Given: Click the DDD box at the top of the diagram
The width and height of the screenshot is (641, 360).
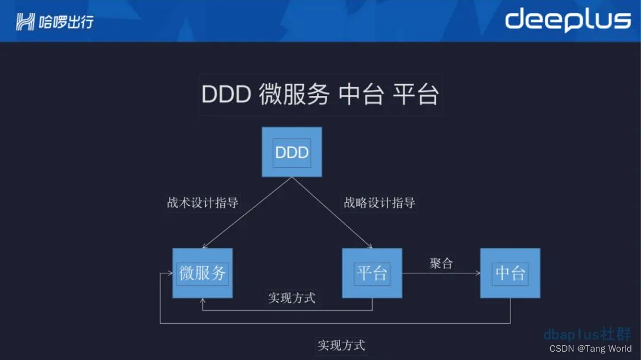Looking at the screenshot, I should (292, 152).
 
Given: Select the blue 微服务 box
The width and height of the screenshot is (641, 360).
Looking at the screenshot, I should (202, 273).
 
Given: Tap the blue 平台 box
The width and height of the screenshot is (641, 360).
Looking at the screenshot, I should (372, 273).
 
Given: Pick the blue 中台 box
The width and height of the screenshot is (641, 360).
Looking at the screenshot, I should (510, 273).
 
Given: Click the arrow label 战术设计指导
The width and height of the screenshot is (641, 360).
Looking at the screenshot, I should (202, 203).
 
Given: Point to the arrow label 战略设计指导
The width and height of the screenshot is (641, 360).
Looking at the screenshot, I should (379, 203).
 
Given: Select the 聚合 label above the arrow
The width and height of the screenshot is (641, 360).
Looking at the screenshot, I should (441, 263).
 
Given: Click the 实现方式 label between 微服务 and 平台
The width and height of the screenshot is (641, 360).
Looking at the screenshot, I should (291, 298).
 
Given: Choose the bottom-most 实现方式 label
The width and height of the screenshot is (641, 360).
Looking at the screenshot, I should (341, 345).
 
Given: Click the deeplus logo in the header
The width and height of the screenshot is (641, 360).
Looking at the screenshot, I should (567, 21).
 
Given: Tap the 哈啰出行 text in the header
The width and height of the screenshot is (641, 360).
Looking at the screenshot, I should (66, 23).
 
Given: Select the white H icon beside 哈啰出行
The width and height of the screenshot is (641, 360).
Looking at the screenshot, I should (26, 23).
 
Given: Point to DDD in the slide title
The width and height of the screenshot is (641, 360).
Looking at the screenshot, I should (226, 95).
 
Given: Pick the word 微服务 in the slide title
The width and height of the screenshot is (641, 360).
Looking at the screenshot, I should (294, 95).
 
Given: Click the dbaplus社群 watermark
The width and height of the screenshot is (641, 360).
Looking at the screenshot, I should (587, 334).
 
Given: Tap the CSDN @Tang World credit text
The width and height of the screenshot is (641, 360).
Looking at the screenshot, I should (590, 349).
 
